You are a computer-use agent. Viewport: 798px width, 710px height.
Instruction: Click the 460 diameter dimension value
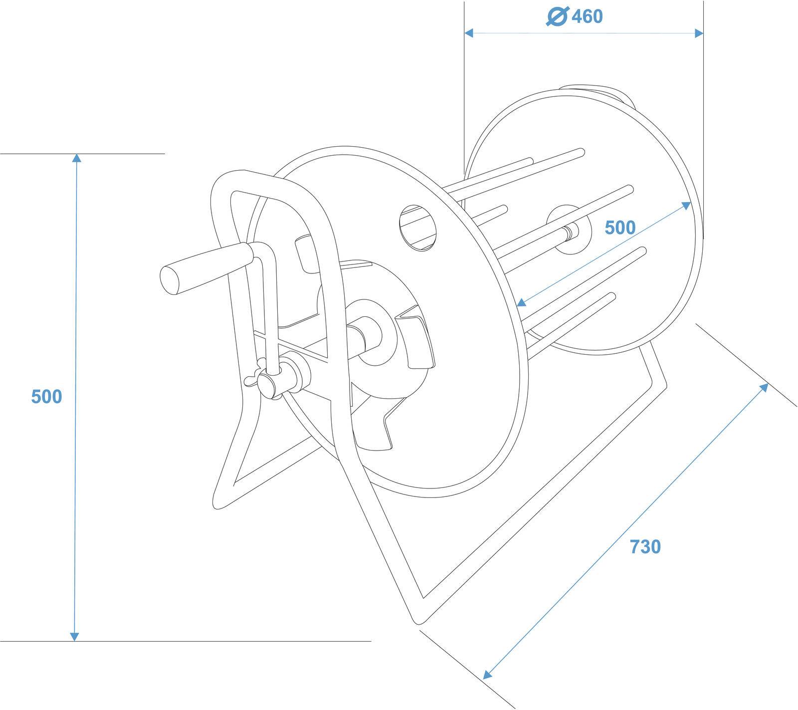pos(587,16)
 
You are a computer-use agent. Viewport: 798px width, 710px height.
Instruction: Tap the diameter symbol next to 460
pos(557,16)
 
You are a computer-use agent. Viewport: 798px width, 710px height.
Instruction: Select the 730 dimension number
pos(645,547)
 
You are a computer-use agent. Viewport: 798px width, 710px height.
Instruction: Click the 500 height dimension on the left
pos(46,397)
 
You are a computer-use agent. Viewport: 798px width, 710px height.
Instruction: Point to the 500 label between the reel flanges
pos(620,228)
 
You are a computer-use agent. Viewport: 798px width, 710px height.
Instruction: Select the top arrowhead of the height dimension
pos(76,158)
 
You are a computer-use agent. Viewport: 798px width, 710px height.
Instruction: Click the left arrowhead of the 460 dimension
pos(469,33)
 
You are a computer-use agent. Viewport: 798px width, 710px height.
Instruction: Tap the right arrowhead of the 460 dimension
pos(699,33)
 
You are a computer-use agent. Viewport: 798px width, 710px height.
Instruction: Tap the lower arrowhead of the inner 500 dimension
pos(521,302)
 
